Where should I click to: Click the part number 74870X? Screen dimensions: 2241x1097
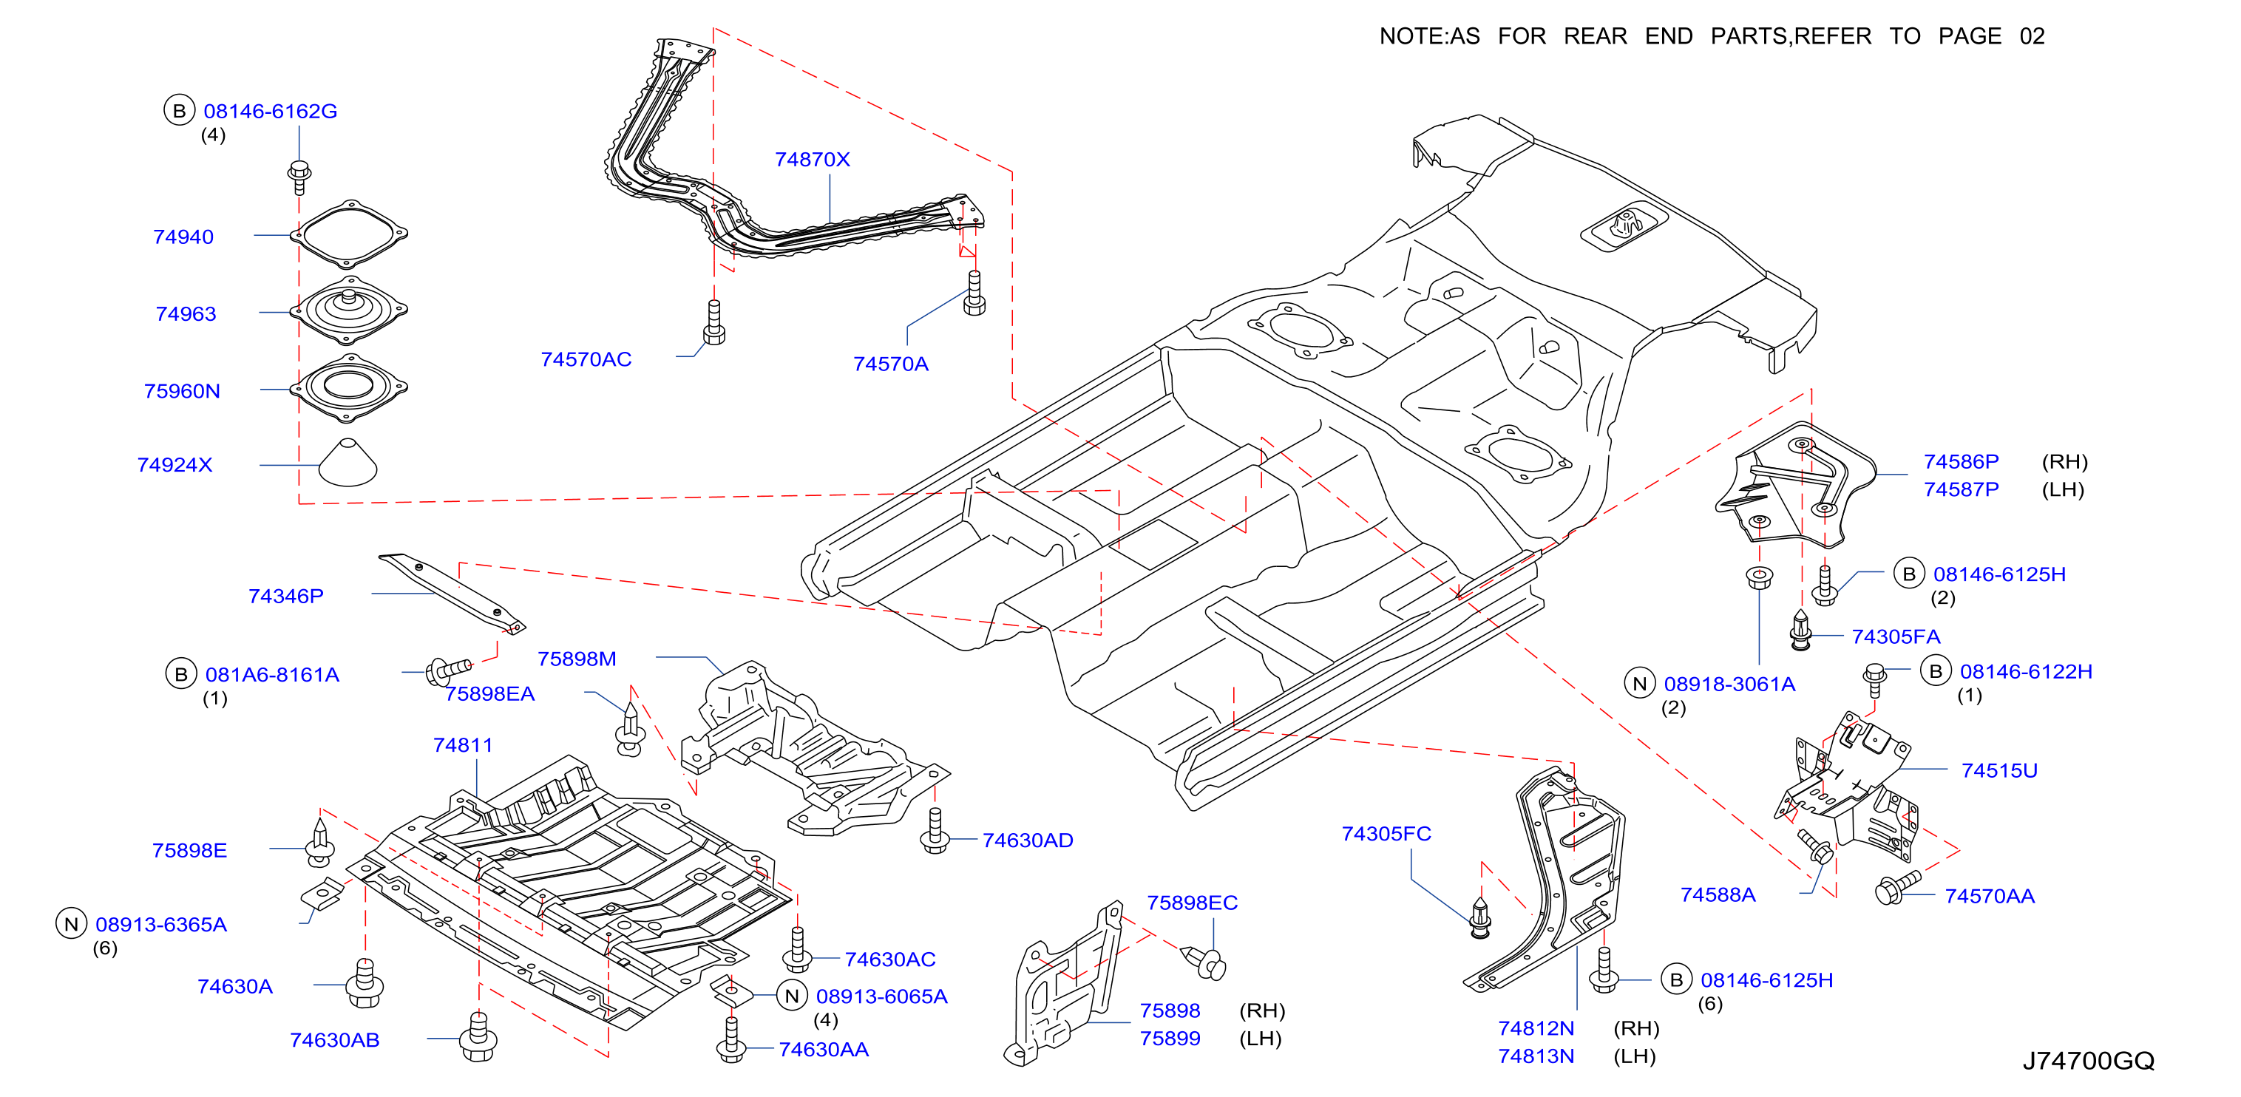click(x=812, y=159)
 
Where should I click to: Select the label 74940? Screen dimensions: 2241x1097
click(x=183, y=237)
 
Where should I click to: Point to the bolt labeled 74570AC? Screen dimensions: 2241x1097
click(x=714, y=323)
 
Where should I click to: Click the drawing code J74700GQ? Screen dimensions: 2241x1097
click(x=2088, y=1061)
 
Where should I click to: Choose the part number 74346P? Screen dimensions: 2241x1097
click(x=285, y=596)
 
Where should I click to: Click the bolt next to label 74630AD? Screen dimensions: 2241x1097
click(x=935, y=831)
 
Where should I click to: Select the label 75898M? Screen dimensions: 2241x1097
click(x=577, y=659)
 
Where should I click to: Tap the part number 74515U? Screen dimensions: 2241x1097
click(x=1999, y=770)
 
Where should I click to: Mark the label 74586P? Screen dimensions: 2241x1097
click(x=1961, y=461)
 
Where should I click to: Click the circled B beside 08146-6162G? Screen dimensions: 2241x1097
click(x=179, y=110)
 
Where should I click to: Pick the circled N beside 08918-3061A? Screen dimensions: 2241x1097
click(x=1640, y=683)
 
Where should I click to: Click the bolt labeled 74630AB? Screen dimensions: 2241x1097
click(x=478, y=1037)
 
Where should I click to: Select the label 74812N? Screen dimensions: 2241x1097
click(x=1536, y=1028)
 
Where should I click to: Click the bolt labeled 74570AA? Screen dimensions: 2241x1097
click(x=1896, y=887)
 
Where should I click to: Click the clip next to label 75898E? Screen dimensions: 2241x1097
click(x=320, y=841)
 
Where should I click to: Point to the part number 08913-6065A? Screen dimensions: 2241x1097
click(x=881, y=996)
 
